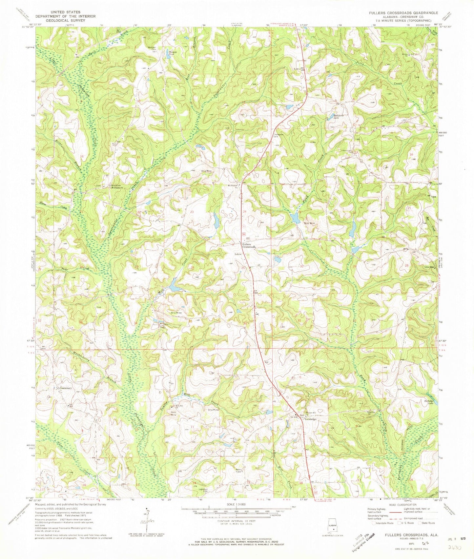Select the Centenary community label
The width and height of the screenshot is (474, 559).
coord(65,388)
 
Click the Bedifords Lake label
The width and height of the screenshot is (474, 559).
coord(334,117)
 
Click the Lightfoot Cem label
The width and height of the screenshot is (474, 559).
coord(205,491)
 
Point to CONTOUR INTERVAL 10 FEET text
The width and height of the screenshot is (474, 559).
coord(236,522)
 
